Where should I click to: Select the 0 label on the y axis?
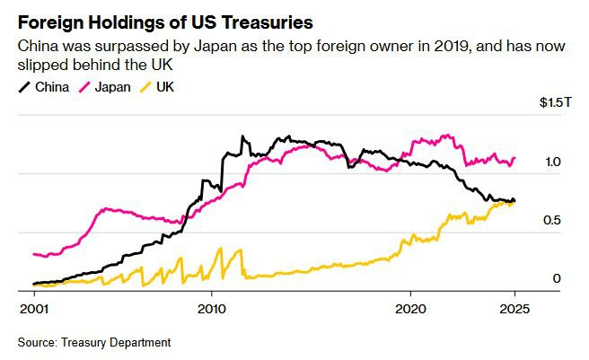coord(556,279)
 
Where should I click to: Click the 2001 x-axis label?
coord(33,306)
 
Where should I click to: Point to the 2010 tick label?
coord(211,306)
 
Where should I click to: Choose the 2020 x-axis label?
coord(410,306)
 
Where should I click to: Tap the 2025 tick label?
coord(515,306)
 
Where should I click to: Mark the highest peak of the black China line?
coord(242,136)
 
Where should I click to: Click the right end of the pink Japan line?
coord(515,159)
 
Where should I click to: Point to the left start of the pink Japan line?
coord(33,254)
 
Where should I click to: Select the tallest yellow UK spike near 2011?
coord(242,249)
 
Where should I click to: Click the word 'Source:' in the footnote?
coord(37,342)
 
